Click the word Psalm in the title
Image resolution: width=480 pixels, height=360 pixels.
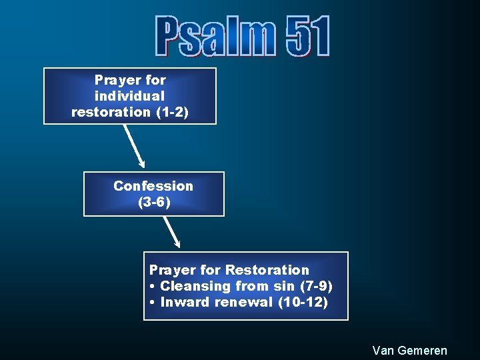(215, 36)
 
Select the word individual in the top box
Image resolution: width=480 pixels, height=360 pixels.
(130, 96)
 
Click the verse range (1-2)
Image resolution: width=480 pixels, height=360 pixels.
(172, 112)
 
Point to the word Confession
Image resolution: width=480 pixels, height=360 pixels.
(153, 186)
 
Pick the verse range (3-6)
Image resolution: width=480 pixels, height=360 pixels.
(154, 202)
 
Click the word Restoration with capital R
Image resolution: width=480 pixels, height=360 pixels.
(267, 270)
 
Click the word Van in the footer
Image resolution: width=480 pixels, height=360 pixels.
(383, 350)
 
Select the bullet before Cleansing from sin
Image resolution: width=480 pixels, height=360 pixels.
(153, 287)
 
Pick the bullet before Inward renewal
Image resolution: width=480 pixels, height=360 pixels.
(153, 303)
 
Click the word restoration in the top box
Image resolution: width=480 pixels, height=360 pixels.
(111, 112)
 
